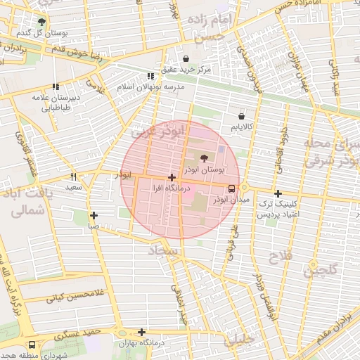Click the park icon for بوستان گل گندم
[x=41, y=22]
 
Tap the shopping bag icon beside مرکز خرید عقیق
[x=186, y=58]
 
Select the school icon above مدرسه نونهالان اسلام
[x=150, y=76]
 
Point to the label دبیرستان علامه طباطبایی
[x=53, y=103]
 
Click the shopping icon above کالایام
[x=242, y=115]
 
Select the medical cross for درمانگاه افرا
[x=172, y=178]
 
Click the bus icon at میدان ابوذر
[x=231, y=188]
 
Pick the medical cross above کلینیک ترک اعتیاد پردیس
[x=278, y=193]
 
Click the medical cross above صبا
[x=94, y=216]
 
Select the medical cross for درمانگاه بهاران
[x=142, y=332]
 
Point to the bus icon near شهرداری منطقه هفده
[x=32, y=345]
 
